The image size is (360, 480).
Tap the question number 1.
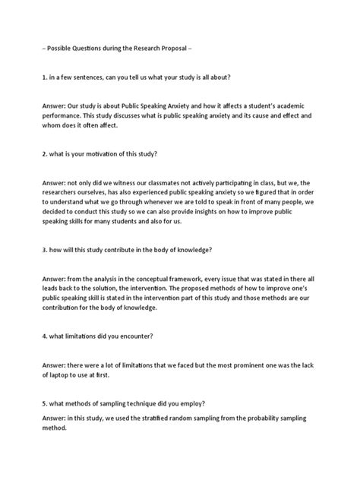(x=44, y=77)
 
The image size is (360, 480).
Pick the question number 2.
(x=44, y=154)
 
